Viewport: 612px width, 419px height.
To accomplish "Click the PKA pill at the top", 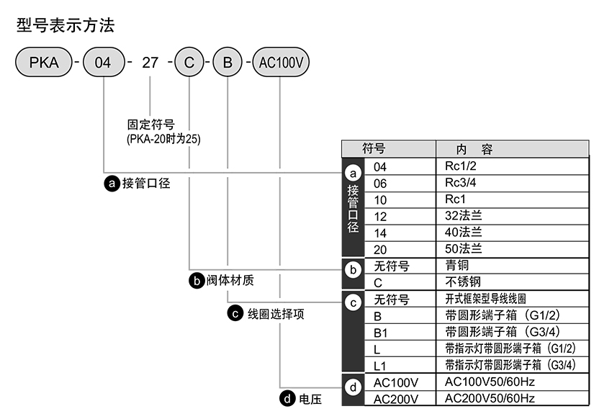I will [44, 63].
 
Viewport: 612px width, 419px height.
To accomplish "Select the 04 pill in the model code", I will [104, 63].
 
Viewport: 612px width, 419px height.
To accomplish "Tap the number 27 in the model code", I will [150, 63].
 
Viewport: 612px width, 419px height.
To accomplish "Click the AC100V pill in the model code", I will [279, 63].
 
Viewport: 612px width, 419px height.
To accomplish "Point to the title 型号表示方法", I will [66, 26].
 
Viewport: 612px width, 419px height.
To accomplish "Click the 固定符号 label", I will [151, 125].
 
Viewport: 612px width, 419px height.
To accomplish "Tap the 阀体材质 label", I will [230, 280].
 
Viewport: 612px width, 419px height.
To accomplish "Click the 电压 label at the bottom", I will [310, 398].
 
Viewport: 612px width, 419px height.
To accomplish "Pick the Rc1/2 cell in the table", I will [461, 167].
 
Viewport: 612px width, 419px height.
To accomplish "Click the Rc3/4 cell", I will [461, 183].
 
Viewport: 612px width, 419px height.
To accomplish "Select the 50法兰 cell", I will [464, 249].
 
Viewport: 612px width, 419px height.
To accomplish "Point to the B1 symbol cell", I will [382, 332].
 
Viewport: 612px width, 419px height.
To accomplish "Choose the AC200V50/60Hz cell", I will [490, 398].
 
